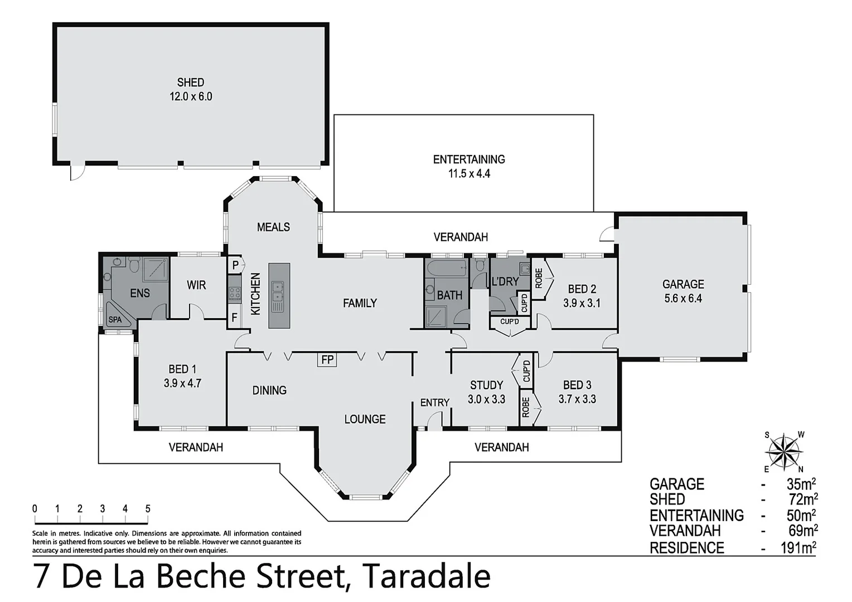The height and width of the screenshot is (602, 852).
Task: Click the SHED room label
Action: (x=191, y=82)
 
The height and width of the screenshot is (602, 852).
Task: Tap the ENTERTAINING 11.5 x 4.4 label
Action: (x=469, y=166)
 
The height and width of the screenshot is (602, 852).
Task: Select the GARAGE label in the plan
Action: (x=683, y=284)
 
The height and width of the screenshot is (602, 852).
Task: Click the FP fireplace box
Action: (x=327, y=360)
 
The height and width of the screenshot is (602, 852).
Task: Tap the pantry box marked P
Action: (x=235, y=265)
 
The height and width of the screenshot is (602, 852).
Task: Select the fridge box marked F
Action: (x=235, y=319)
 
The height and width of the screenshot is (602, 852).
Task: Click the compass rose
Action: (x=784, y=452)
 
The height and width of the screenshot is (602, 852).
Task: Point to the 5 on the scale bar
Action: (x=148, y=508)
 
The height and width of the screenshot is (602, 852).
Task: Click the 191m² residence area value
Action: (x=798, y=548)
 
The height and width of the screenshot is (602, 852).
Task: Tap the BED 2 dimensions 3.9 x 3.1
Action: (x=582, y=303)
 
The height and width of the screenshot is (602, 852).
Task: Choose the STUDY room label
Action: (x=486, y=385)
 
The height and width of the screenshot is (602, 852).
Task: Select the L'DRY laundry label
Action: (x=505, y=281)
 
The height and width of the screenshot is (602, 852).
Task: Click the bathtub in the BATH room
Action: (x=446, y=269)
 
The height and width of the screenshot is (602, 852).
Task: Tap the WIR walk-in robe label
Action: (x=196, y=285)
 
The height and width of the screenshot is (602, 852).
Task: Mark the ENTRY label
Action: (x=434, y=402)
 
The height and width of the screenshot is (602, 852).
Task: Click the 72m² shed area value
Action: (x=802, y=499)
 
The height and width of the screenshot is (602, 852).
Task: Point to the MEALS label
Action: (x=273, y=227)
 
